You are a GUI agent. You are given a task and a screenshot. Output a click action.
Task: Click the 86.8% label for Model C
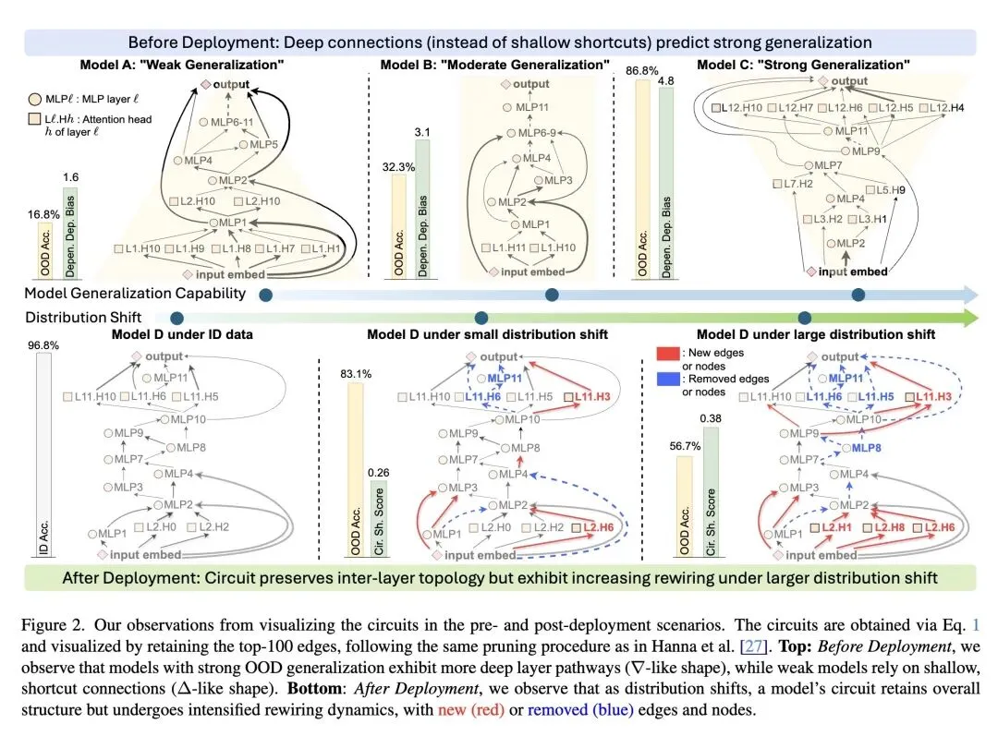(x=642, y=70)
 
